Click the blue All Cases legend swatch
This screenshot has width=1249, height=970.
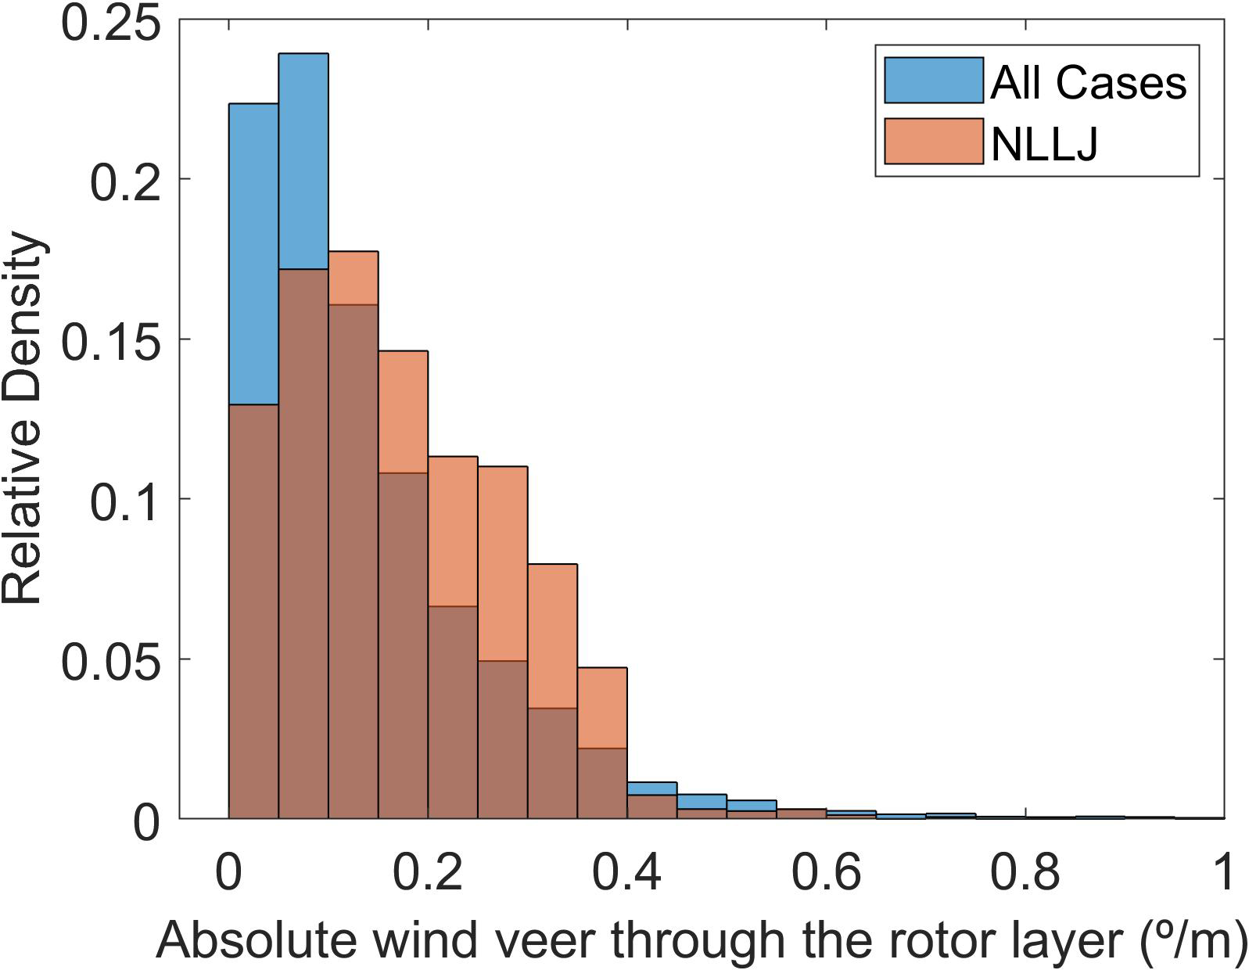point(933,80)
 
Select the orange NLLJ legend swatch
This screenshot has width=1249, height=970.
point(933,142)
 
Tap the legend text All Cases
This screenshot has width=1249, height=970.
point(1088,81)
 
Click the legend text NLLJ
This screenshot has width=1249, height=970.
point(1044,142)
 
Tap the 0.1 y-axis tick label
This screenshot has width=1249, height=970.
point(125,499)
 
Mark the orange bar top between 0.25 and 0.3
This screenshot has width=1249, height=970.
point(503,563)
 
